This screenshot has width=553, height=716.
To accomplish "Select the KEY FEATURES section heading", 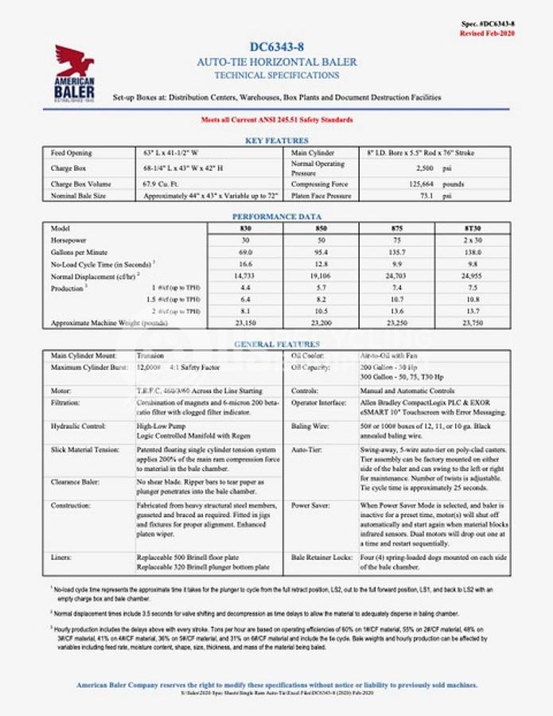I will pyautogui.click(x=276, y=140).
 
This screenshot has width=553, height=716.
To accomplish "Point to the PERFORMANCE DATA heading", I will pyautogui.click(x=276, y=216).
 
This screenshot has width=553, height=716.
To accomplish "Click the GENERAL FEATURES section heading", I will pyautogui.click(x=276, y=344).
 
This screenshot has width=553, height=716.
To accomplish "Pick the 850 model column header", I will pyautogui.click(x=321, y=228).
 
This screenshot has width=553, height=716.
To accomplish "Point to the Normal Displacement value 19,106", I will pyautogui.click(x=321, y=275).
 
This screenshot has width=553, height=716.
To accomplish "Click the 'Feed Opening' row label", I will pyautogui.click(x=72, y=153).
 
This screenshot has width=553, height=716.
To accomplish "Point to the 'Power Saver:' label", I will pyautogui.click(x=311, y=505).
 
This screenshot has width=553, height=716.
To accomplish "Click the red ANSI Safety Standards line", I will pyautogui.click(x=276, y=119).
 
